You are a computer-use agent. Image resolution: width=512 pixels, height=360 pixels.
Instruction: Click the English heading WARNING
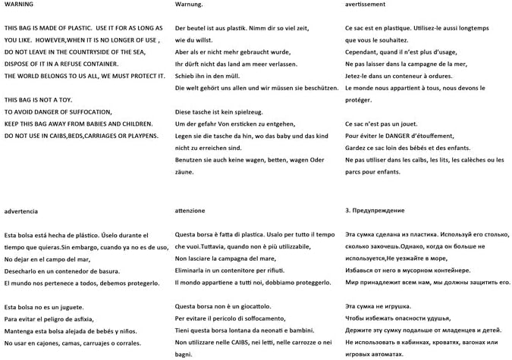click(x=18, y=5)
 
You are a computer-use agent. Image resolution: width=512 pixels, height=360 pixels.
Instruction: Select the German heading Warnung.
click(x=190, y=5)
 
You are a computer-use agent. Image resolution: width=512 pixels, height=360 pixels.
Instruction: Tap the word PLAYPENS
click(x=141, y=136)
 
